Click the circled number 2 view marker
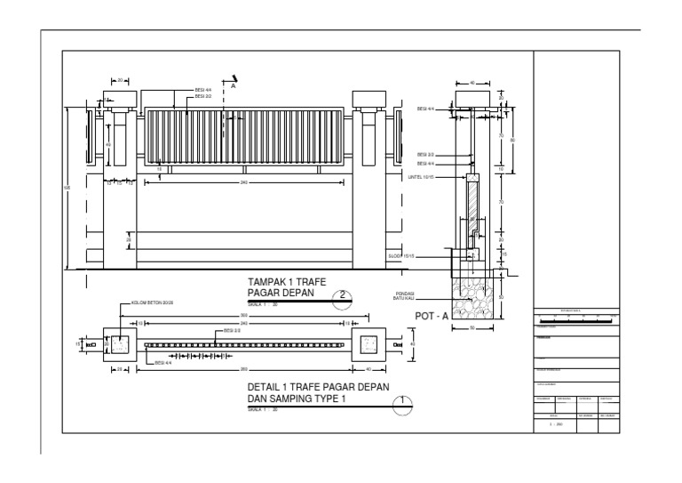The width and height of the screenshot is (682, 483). coord(343,298)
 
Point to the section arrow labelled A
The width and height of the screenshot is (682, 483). coord(233,82)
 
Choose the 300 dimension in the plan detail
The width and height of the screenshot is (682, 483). coord(243,317)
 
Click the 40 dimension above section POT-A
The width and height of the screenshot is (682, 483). coord(472,82)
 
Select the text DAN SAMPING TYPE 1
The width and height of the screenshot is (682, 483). coord(298,399)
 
